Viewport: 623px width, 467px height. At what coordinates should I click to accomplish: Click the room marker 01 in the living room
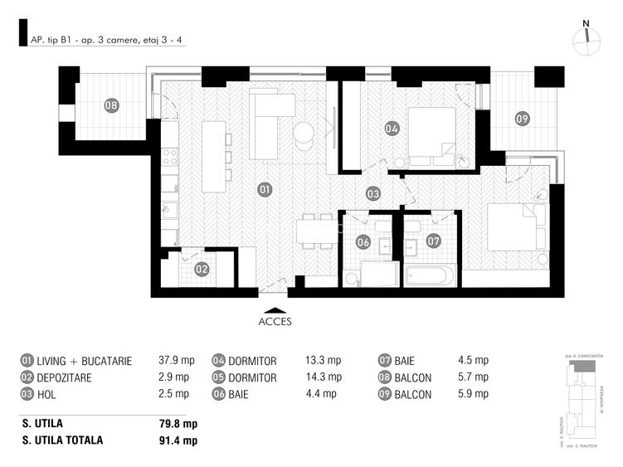pos(265,189)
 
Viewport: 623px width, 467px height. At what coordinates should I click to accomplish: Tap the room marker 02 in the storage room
pos(202,269)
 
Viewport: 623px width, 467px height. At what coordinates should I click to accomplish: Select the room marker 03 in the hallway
pos(373,193)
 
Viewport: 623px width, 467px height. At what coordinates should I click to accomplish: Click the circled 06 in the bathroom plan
pos(363,242)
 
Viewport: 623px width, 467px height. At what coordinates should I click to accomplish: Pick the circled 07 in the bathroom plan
pos(433,241)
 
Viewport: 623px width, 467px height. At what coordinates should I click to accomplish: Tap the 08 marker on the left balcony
pos(111,105)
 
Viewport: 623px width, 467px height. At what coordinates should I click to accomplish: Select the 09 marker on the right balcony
pos(522,119)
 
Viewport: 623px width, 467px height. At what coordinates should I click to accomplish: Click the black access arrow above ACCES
pos(275,308)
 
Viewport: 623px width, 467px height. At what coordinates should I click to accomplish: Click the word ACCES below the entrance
pos(275,323)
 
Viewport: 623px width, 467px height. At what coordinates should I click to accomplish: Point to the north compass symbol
pos(586,37)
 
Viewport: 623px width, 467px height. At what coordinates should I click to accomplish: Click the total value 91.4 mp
pos(178,440)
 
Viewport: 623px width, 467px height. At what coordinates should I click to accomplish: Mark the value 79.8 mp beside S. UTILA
pos(178,423)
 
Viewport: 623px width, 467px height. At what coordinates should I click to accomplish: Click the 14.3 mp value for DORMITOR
pos(323,377)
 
